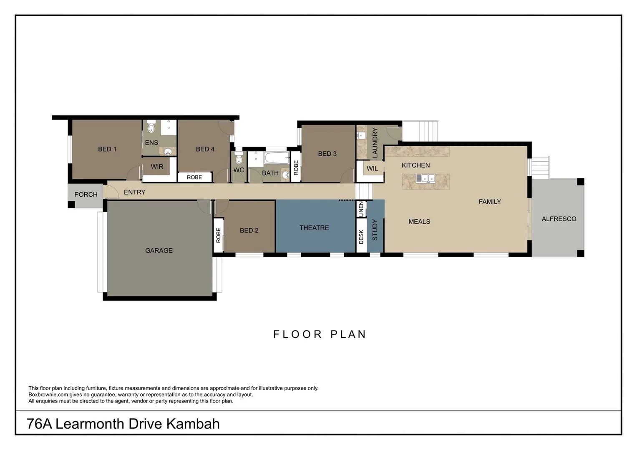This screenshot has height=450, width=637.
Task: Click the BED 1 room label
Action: click(x=107, y=149)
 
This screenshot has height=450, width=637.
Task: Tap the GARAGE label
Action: click(x=159, y=250)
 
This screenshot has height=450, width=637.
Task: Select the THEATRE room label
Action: click(x=314, y=228)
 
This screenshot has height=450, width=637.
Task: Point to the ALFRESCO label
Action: click(x=559, y=219)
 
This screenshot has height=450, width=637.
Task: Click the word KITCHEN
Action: click(x=415, y=165)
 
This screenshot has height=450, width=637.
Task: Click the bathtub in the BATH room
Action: click(x=277, y=158)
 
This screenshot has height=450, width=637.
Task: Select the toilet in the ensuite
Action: click(x=151, y=127)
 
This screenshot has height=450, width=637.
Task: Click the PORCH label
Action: click(x=86, y=195)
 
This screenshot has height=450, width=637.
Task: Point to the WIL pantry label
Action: click(x=372, y=169)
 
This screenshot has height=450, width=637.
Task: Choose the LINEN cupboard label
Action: click(x=361, y=209)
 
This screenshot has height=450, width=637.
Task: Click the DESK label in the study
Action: click(x=361, y=237)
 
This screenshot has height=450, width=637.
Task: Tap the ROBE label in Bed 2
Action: click(x=218, y=235)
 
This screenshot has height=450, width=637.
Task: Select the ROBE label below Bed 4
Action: click(x=194, y=177)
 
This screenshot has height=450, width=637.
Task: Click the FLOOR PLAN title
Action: click(x=320, y=334)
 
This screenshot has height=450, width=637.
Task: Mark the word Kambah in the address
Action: click(x=193, y=424)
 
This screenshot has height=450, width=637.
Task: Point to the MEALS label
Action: click(x=419, y=222)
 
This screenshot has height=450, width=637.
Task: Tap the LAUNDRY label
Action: click(x=375, y=142)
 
